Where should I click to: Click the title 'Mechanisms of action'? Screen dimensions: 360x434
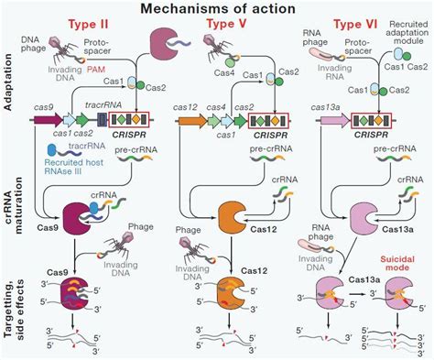[217, 8]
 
